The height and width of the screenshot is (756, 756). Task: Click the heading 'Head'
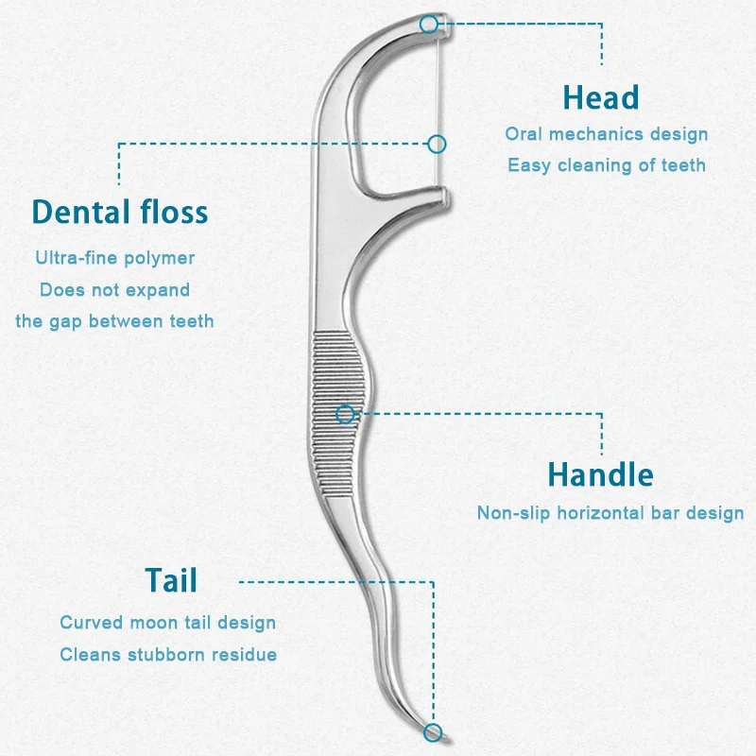pos(601,98)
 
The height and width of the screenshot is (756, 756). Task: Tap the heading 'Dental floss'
pos(120,212)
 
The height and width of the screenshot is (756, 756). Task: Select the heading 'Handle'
pos(601,475)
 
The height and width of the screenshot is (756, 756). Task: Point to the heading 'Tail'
pos(171,580)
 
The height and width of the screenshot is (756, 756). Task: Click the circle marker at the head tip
pos(429,25)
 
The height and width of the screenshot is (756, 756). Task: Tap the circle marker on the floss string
pos(437,145)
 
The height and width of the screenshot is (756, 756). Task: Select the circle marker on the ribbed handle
pos(345,414)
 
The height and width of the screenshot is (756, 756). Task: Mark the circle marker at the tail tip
pos(433,733)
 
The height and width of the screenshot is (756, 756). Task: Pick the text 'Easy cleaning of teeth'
pos(607,165)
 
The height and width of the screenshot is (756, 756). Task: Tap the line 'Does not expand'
pos(114,290)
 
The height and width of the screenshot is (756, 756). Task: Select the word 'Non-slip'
pos(513,513)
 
